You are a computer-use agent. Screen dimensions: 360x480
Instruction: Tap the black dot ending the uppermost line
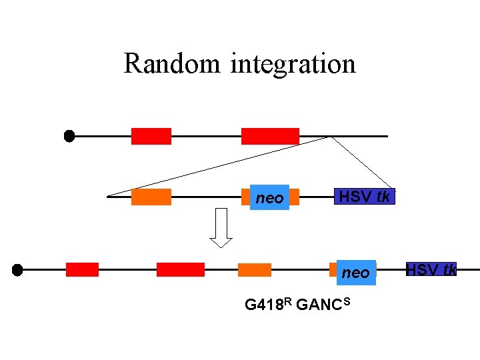69,136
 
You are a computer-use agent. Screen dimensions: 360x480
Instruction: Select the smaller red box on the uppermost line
151,136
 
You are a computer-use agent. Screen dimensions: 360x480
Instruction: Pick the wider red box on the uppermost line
270,136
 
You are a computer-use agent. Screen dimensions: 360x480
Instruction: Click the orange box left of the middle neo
151,197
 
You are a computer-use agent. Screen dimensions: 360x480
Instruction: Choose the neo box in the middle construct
269,197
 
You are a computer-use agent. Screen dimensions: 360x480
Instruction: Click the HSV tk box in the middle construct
365,196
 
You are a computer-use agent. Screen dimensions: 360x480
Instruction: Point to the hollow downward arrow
221,231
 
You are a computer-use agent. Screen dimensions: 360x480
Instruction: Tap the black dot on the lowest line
17,270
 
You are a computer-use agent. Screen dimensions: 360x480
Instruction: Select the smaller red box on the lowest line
82,269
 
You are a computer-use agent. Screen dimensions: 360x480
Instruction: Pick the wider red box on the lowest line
180,269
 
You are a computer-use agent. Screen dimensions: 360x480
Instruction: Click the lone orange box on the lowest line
255,270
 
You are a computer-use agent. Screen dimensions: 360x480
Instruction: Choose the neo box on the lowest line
355,272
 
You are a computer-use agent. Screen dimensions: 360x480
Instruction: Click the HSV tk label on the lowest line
431,269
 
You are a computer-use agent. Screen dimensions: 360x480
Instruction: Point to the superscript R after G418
287,302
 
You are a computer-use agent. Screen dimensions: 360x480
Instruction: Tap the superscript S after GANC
347,302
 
